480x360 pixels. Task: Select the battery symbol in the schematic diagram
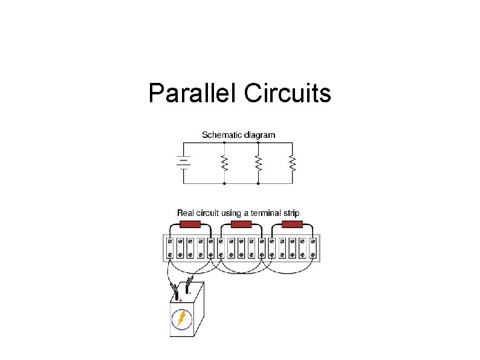pos(183,162)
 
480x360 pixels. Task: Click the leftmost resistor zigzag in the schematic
pos(224,163)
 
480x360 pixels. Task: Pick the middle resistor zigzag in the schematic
pos(258,163)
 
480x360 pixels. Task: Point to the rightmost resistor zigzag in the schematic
pos(293,163)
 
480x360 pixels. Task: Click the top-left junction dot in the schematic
pos(224,143)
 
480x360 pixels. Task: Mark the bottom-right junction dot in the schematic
pos(258,183)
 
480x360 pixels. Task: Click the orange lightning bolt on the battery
pos(181,319)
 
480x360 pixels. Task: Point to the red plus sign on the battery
pos(180,300)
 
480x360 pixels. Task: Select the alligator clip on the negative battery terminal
pos(189,283)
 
